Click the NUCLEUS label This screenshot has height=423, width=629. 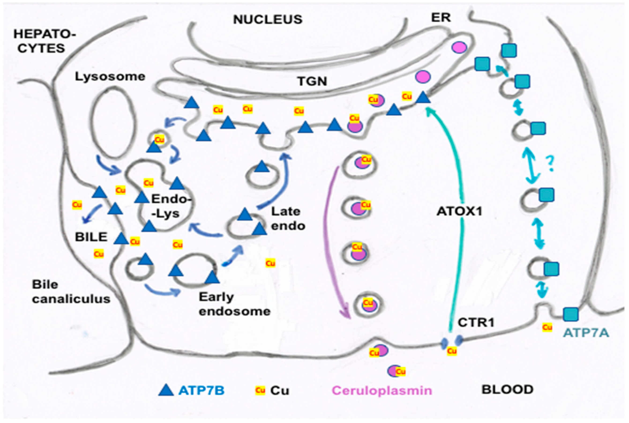point(268,19)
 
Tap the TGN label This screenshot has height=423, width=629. point(312,81)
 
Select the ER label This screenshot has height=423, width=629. point(441,18)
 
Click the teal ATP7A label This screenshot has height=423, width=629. point(586,333)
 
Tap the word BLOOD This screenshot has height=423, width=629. point(508,390)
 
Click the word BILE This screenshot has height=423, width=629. point(91,237)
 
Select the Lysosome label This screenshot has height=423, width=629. point(110,77)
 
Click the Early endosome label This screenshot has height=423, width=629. point(235,304)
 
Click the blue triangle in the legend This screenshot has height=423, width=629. point(166,390)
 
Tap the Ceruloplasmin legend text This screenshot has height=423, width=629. point(382,390)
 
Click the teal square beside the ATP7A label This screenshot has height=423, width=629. point(571,314)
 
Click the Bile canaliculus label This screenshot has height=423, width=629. point(71,292)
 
